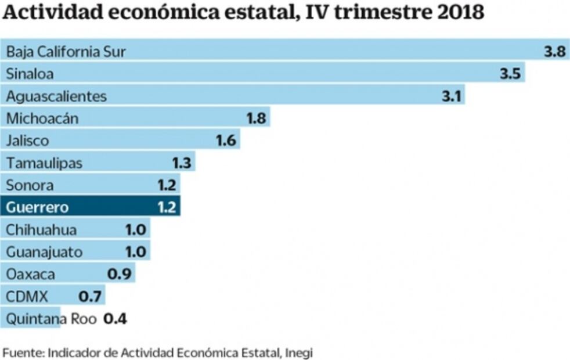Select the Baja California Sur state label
[x=66, y=52]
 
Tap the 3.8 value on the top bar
[x=554, y=52]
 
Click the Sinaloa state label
[x=30, y=74]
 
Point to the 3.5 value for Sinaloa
[x=510, y=74]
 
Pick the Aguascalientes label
[x=56, y=96]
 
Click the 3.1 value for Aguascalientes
[x=451, y=96]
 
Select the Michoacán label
[x=42, y=118]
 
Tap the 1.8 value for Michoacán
[x=256, y=118]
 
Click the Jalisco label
[x=27, y=141]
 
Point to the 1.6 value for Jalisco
[x=226, y=141]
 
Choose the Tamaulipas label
[x=44, y=163]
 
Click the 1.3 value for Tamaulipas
[x=182, y=163]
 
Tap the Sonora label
[x=30, y=185]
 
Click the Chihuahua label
[x=41, y=229]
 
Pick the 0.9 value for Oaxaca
[x=121, y=274]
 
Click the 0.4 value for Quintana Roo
[x=115, y=319]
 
